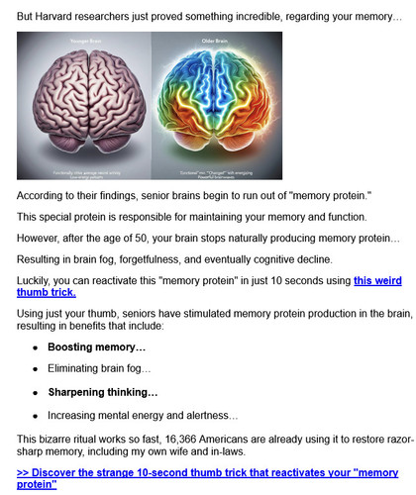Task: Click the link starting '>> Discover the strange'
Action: [x=208, y=478]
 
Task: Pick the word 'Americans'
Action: [x=235, y=439]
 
